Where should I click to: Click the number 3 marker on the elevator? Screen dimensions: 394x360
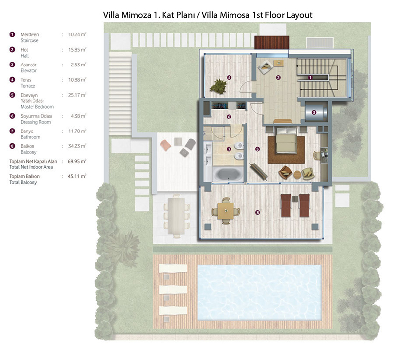tap(314, 113)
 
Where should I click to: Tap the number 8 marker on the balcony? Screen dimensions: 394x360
tap(257, 212)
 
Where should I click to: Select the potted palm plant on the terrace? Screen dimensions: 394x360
tap(218, 86)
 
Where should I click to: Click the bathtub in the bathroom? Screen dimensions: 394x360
tap(228, 174)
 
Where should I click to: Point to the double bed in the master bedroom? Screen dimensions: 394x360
tap(287, 140)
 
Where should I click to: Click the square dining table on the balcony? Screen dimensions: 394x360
tap(226, 211)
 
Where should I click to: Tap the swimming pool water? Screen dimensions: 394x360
tap(260, 293)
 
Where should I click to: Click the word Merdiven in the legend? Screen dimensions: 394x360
tap(30, 34)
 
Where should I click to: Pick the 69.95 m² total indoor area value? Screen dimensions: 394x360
tap(77, 161)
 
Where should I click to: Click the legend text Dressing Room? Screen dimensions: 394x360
tap(35, 122)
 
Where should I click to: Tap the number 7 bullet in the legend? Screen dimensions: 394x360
tap(12, 131)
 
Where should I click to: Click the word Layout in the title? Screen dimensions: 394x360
tap(299, 15)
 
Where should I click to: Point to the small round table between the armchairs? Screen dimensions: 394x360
tap(297, 175)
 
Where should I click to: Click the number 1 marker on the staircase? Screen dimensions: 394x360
tap(310, 78)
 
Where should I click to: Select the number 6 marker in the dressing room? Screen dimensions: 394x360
tap(229, 117)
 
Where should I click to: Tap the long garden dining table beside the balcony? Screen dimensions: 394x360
tap(176, 216)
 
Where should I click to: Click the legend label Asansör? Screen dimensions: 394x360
tap(29, 65)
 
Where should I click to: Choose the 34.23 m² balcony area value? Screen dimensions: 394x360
tap(77, 146)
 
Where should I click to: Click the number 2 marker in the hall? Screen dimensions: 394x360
tap(278, 78)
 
